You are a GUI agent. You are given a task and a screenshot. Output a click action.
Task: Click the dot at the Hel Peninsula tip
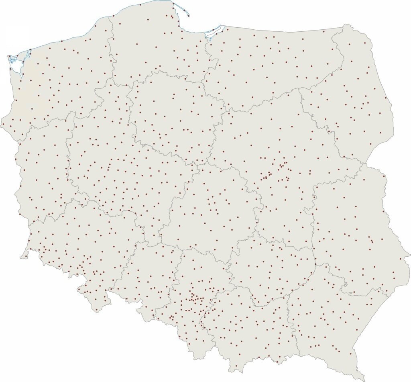coord(188,16)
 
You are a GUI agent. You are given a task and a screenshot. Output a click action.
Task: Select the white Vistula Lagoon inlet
coord(213,32)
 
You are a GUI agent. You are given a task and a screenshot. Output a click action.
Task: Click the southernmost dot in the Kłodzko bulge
coord(97,310)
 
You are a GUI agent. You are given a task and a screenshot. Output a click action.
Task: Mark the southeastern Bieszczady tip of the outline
coord(363,379)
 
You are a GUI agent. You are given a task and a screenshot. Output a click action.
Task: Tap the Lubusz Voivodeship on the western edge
coord(44,169)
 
